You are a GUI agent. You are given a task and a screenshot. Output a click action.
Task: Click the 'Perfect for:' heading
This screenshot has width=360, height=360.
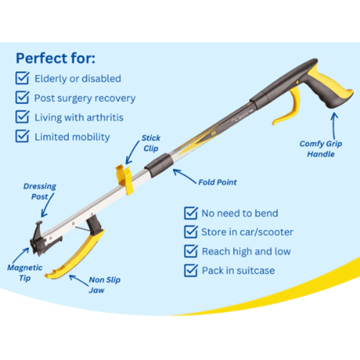tap(55, 58)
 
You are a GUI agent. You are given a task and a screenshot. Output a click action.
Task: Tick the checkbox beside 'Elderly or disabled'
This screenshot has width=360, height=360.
tap(22, 78)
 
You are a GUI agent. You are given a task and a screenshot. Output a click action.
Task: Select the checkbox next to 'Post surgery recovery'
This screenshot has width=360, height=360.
tap(22, 97)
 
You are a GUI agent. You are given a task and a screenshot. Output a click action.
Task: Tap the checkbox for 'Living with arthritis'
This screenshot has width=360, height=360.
tap(22, 117)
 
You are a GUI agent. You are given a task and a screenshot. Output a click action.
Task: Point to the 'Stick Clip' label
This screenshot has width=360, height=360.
tap(151, 143)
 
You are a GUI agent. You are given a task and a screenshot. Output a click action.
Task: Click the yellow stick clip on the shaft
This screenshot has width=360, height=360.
tap(125, 180)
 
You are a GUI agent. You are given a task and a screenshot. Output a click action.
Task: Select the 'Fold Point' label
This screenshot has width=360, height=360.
tap(217, 182)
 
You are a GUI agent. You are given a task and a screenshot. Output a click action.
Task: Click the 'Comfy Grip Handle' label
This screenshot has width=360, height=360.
tap(320, 149)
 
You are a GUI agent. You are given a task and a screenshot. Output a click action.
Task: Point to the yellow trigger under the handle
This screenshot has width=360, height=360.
tap(289, 106)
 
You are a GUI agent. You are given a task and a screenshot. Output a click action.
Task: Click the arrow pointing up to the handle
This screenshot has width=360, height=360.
tap(335, 126)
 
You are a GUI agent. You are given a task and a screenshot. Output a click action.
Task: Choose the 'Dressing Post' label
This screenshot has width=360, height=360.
tap(40, 191)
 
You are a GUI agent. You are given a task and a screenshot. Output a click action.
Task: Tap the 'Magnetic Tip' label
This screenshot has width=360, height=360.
tap(25, 273)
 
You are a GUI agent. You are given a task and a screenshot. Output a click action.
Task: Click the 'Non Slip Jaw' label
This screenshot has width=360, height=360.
tap(104, 285)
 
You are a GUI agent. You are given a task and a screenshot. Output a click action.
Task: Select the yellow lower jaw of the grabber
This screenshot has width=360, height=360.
tap(75, 255)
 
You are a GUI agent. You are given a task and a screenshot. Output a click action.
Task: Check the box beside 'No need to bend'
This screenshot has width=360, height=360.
tap(191, 213)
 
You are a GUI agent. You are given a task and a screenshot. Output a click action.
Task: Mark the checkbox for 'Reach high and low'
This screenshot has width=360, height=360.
tap(191, 251)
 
